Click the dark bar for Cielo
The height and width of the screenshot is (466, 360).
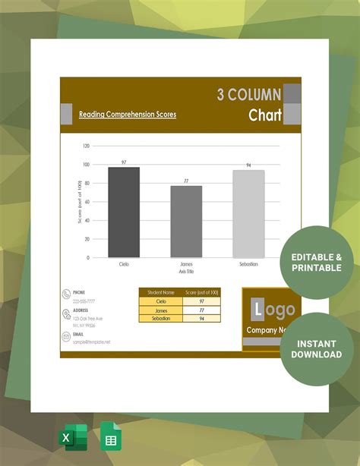124,212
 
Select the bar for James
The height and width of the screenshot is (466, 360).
186,221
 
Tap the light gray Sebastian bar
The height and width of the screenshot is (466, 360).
248,213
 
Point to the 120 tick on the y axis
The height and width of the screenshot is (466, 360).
86,146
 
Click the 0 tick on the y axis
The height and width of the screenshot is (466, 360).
88,257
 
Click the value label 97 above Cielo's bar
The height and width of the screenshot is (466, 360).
124,162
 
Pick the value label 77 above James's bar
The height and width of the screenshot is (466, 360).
186,181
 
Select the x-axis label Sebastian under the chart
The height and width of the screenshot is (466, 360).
248,264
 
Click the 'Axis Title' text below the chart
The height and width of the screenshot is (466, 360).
186,270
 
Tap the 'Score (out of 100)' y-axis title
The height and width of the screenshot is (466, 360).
80,201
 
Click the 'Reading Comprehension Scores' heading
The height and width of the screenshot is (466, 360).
128,115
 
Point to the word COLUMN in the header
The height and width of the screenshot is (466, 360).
249,95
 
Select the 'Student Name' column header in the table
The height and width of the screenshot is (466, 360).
161,292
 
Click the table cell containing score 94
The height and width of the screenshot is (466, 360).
202,319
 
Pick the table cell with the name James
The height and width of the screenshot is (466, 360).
161,310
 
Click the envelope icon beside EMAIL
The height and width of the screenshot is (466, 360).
66,338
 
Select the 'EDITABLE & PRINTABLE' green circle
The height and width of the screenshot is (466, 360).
317,263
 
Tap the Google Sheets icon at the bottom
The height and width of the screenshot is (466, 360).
111,439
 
